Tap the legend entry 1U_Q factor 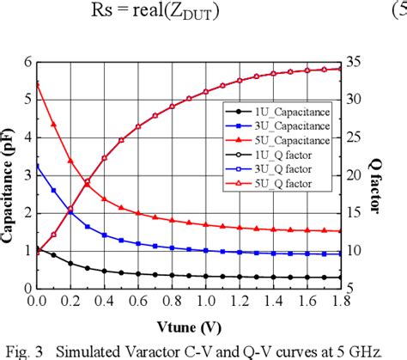pos(262,155)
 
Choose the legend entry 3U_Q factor pos(262,169)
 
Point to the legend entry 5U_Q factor pos(262,183)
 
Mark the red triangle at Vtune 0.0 pos(37,83)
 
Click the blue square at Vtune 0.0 pos(37,166)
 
